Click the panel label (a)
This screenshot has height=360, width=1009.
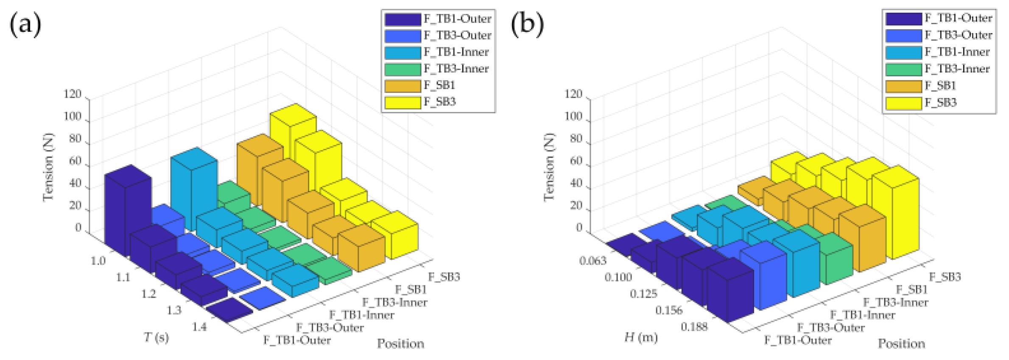coord(25,24)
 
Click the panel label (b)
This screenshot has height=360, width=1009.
coord(527,24)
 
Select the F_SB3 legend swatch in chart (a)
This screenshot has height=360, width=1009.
coord(402,102)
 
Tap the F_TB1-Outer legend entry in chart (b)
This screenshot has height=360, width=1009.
coord(958,18)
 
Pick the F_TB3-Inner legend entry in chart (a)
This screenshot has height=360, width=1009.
coord(456,69)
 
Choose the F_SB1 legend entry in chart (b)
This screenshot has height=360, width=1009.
coord(940,86)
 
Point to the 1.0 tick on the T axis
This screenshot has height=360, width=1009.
coord(98,260)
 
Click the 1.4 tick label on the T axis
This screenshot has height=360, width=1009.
coord(199,327)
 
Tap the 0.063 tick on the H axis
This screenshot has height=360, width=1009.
coord(593,260)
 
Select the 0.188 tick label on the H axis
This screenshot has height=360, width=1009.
coord(694,327)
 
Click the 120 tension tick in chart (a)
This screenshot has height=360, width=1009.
coord(72,94)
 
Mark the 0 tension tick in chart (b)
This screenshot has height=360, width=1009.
coord(579,227)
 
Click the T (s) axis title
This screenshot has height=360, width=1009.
coord(156,338)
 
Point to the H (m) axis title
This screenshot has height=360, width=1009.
coord(641,338)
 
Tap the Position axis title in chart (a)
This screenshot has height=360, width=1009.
coord(400,343)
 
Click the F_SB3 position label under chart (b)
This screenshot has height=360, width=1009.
coord(945,277)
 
